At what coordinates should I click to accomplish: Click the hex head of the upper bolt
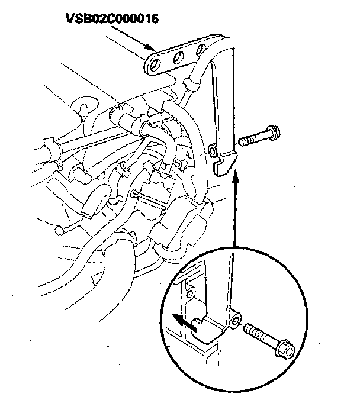coord(274,133)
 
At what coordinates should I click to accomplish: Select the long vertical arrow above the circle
coord(236,207)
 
